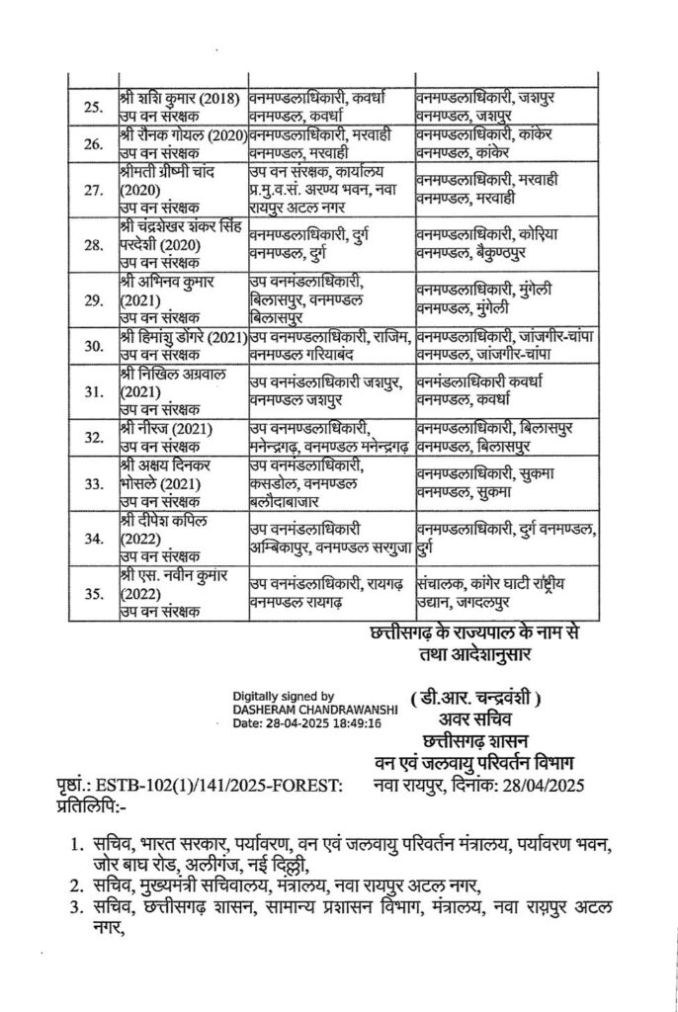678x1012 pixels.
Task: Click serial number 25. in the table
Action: click(x=92, y=106)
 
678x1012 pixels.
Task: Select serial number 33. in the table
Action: click(x=92, y=483)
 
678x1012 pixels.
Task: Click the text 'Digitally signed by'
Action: click(x=283, y=695)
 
